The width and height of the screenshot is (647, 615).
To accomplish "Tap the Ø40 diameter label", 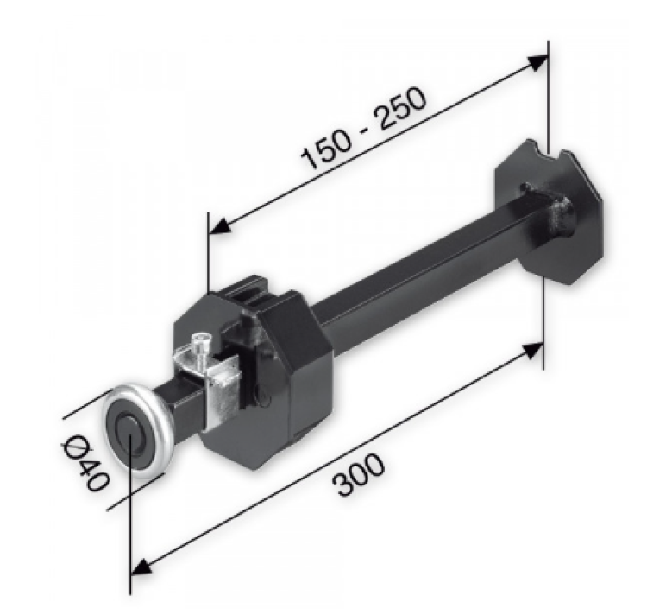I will (x=85, y=463).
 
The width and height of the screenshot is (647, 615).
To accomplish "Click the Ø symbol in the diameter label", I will (x=74, y=448).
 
